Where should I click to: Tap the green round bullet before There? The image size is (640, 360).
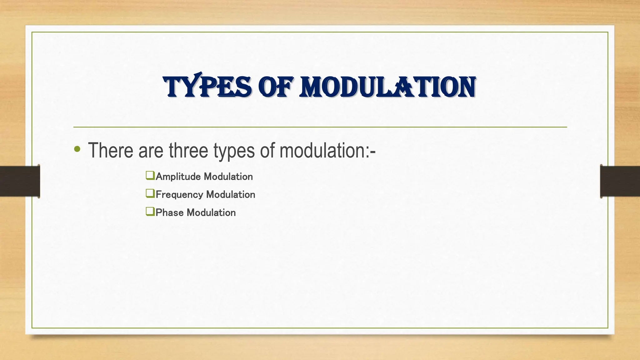tap(77, 149)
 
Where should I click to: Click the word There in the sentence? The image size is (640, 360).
tap(110, 150)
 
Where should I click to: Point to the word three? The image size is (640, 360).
tap(188, 150)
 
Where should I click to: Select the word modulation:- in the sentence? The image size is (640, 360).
tap(327, 150)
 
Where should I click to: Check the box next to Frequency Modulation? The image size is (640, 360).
tap(150, 193)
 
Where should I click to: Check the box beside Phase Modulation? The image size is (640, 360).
tap(150, 212)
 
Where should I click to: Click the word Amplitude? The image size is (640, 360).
tap(178, 177)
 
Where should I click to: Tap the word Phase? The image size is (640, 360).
tap(169, 212)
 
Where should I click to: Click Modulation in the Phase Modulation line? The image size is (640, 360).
tap(211, 212)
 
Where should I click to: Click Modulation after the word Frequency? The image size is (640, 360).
tap(231, 194)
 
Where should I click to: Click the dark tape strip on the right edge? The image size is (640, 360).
tap(620, 181)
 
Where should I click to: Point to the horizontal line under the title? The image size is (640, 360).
tap(320, 127)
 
